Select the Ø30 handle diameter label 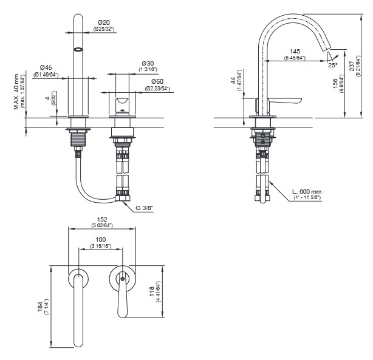tap(148, 63)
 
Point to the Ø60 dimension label tap(157, 81)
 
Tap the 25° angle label tap(332, 64)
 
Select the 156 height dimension tap(335, 86)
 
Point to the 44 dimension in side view tap(234, 81)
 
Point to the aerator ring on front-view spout tap(77, 50)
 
